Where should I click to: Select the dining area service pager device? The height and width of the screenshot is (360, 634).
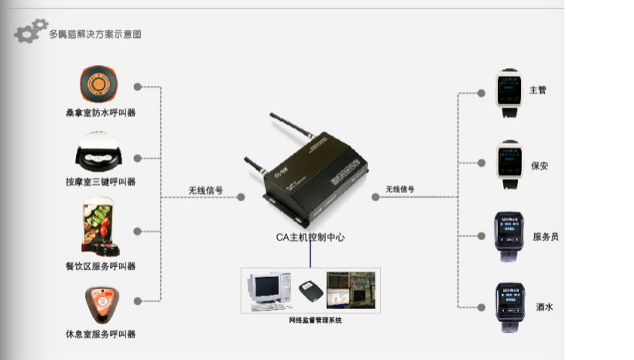pyautogui.click(x=101, y=230)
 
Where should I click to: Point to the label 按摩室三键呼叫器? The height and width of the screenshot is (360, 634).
pyautogui.click(x=101, y=182)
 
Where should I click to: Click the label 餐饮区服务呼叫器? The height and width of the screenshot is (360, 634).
pyautogui.click(x=101, y=266)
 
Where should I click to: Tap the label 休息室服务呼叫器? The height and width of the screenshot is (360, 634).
pyautogui.click(x=101, y=334)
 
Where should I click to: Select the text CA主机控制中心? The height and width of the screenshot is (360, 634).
pyautogui.click(x=310, y=237)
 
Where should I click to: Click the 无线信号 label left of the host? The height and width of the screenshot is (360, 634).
pyautogui.click(x=206, y=190)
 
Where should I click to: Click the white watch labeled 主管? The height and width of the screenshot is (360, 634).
pyautogui.click(x=509, y=93)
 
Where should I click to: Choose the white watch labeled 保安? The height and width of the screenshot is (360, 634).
pyautogui.click(x=509, y=165)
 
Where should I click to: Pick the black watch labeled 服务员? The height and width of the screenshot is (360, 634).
pyautogui.click(x=509, y=235)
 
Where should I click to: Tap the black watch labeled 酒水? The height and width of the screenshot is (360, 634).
pyautogui.click(x=509, y=307)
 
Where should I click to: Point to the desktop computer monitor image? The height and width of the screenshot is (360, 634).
pyautogui.click(x=266, y=287)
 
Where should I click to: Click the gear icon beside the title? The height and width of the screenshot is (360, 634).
pyautogui.click(x=30, y=32)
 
